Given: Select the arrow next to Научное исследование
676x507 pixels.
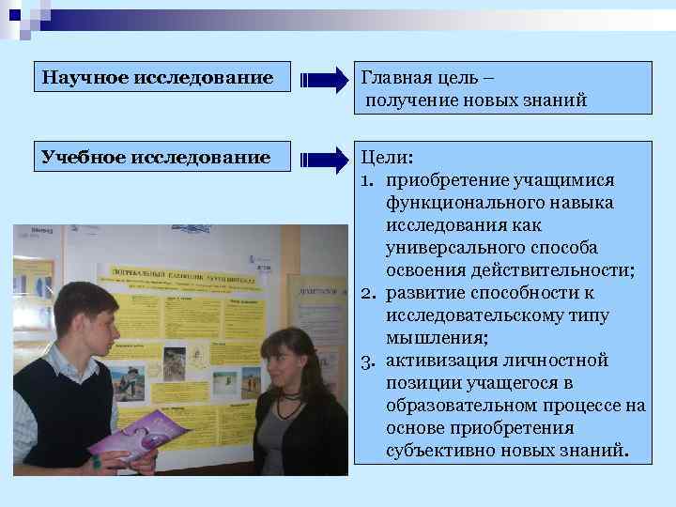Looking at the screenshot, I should (x=323, y=79).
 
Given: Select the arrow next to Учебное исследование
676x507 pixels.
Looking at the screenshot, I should (x=323, y=159).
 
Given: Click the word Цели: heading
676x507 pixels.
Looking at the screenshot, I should (x=387, y=158).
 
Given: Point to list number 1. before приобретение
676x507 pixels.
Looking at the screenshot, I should (x=369, y=180).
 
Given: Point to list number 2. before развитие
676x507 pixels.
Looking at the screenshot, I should (x=369, y=293).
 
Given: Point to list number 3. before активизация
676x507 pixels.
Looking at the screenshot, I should (x=369, y=361).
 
